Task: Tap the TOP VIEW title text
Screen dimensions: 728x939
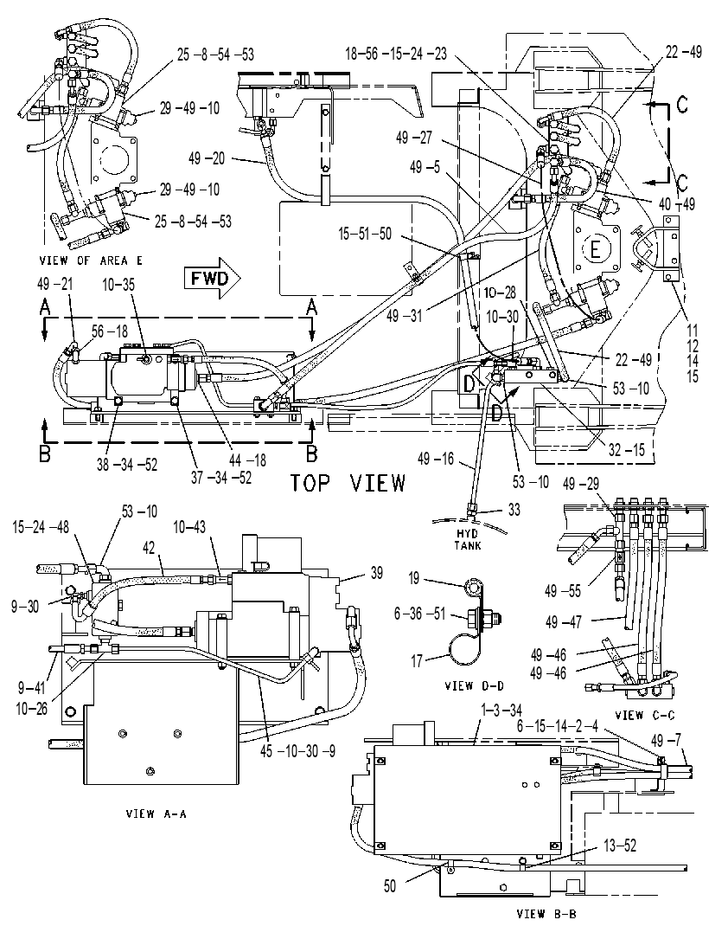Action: tap(348, 482)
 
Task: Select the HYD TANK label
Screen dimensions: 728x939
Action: tap(468, 539)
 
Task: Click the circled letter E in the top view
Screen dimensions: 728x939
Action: tap(595, 248)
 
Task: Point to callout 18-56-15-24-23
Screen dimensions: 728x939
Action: tap(395, 54)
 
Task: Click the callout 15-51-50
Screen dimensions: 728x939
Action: tap(365, 234)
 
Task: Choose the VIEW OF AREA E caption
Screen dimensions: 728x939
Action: tap(91, 260)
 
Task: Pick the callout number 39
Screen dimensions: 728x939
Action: tap(376, 573)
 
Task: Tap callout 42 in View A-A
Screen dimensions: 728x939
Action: tap(149, 548)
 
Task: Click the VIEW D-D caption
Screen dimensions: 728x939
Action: tap(475, 685)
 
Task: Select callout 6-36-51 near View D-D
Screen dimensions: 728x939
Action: tap(420, 614)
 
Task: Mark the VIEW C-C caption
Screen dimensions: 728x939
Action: tap(646, 715)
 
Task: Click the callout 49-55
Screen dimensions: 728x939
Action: tap(562, 591)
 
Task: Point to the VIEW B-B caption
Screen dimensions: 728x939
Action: tap(546, 914)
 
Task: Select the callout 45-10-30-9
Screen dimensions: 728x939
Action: tap(297, 750)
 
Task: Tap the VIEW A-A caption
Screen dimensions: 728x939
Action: tap(156, 814)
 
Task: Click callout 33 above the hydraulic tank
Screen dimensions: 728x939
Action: tap(514, 510)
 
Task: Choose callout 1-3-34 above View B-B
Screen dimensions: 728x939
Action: tap(501, 711)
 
